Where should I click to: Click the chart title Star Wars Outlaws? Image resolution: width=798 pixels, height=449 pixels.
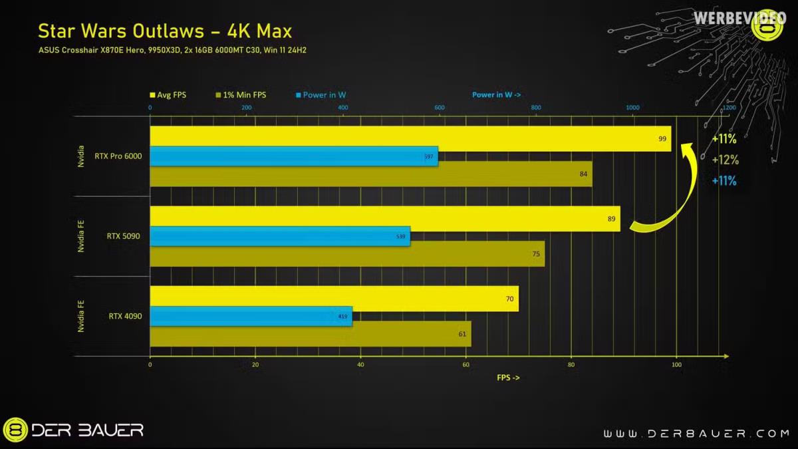click(x=164, y=31)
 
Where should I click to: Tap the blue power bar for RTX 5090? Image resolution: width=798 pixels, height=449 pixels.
click(x=279, y=236)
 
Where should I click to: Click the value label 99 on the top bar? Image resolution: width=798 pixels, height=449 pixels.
click(x=662, y=139)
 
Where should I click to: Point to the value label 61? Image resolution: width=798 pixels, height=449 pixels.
click(x=462, y=334)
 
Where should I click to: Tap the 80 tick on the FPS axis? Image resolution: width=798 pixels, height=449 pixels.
click(x=571, y=365)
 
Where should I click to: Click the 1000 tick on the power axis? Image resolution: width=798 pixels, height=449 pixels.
click(x=632, y=108)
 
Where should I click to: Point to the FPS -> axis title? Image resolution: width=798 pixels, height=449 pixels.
click(x=508, y=377)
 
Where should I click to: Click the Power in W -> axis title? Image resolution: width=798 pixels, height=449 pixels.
click(x=501, y=95)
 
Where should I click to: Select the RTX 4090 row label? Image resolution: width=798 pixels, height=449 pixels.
click(x=124, y=316)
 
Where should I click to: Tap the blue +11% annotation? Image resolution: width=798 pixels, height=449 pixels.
click(x=724, y=180)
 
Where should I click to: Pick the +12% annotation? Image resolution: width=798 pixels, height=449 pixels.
click(x=724, y=160)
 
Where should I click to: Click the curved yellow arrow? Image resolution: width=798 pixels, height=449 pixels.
click(x=672, y=200)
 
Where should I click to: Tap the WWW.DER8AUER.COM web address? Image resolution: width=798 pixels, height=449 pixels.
click(x=696, y=434)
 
